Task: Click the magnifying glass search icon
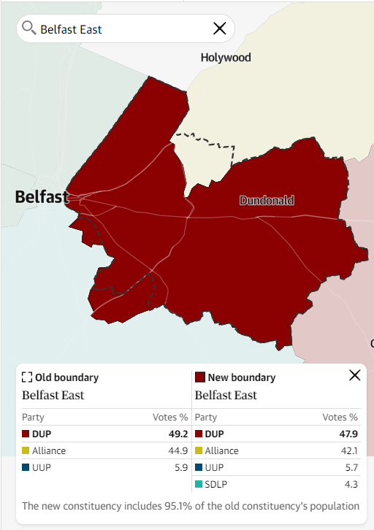coord(29,28)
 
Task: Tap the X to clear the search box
coord(219,28)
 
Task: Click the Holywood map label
coord(226,58)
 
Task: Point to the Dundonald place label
coord(267,200)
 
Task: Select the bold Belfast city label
coord(42,196)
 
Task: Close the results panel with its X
coord(355,375)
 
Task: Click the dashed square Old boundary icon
coord(27,377)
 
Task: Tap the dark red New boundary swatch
coord(199,377)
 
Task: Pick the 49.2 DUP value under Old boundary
coord(178,434)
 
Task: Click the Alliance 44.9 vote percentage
coord(178,451)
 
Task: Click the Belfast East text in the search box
coord(71,29)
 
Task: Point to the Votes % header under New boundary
coord(340,418)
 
